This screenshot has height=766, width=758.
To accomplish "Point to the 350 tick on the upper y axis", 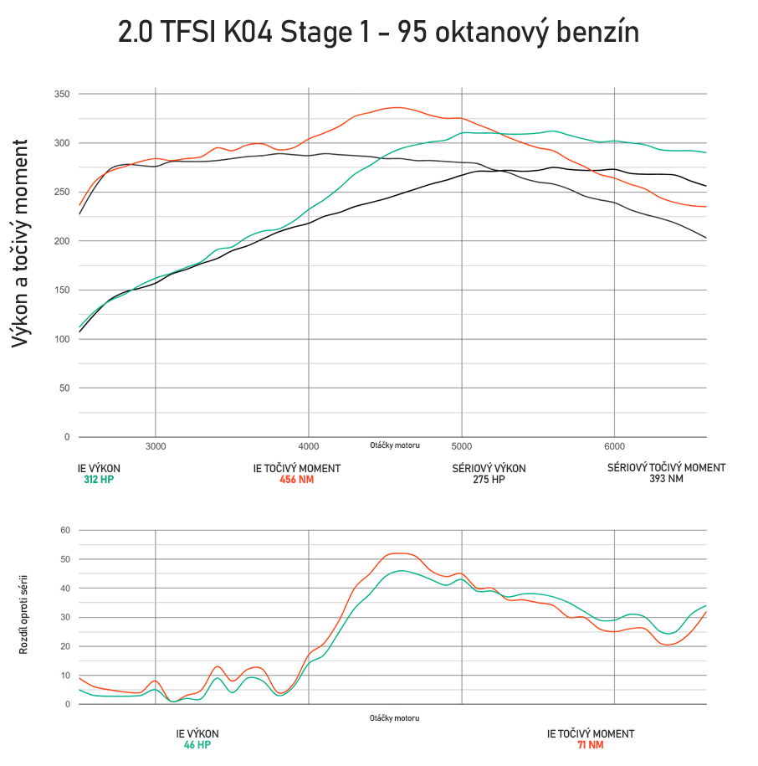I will pyautogui.click(x=62, y=94).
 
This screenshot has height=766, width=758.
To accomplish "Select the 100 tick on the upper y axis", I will pyautogui.click(x=62, y=339).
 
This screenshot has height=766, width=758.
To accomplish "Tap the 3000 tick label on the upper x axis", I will pyautogui.click(x=156, y=445).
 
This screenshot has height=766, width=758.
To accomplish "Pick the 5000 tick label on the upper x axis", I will pyautogui.click(x=462, y=445).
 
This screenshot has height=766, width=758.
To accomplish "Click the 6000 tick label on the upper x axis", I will pyautogui.click(x=614, y=445).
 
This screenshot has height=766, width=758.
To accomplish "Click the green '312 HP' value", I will pyautogui.click(x=99, y=480).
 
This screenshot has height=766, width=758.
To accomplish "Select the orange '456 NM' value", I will pyautogui.click(x=296, y=480).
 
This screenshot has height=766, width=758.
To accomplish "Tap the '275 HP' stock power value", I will pyautogui.click(x=489, y=480).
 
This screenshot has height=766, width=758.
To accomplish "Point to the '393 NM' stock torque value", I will pyautogui.click(x=666, y=479).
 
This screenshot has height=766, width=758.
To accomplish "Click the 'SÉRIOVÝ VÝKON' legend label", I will pyautogui.click(x=489, y=469).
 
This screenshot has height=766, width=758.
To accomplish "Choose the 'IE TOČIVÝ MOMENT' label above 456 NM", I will pyautogui.click(x=296, y=469).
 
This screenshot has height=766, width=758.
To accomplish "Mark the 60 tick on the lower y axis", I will pyautogui.click(x=65, y=530).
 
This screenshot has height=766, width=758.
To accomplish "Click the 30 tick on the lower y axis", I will pyautogui.click(x=65, y=617).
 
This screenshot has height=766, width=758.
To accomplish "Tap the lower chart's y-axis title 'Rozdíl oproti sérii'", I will pyautogui.click(x=23, y=614).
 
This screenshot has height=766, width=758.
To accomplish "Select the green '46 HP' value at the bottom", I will pyautogui.click(x=197, y=744).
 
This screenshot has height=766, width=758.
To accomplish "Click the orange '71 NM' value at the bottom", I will pyautogui.click(x=590, y=744).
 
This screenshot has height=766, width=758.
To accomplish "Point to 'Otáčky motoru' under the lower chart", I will pyautogui.click(x=394, y=718).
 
